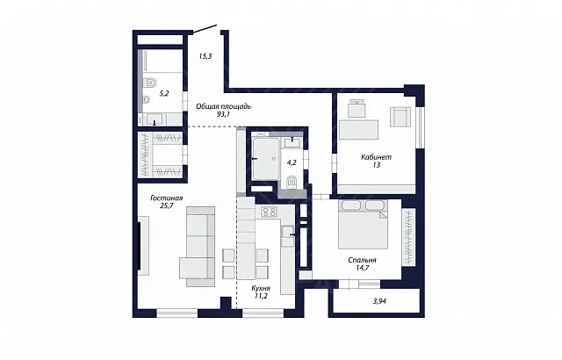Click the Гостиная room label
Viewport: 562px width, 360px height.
[x=167, y=198]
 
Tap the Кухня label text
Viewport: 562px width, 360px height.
[x=261, y=288]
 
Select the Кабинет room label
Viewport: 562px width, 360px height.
[x=377, y=157]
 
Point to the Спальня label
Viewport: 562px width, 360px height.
[x=362, y=260]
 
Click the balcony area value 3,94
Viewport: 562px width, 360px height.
[x=379, y=301]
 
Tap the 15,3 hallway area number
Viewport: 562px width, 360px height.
[x=205, y=56]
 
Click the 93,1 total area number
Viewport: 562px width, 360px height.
[x=223, y=114]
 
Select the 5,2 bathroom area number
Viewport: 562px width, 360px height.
[x=164, y=94]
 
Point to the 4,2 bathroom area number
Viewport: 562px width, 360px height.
[x=292, y=162]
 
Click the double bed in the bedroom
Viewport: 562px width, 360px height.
[x=363, y=224]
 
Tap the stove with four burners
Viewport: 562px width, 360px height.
[x=270, y=212]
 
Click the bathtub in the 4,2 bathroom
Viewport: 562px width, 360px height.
[x=266, y=158]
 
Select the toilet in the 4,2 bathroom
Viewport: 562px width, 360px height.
[x=292, y=183]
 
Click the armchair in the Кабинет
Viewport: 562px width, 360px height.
[x=400, y=117]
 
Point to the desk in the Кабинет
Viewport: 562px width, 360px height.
[x=359, y=130]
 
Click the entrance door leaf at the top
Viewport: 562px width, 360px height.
[x=205, y=29]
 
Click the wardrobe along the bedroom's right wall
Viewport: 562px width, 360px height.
[x=408, y=237]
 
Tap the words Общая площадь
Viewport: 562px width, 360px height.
[x=223, y=106]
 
